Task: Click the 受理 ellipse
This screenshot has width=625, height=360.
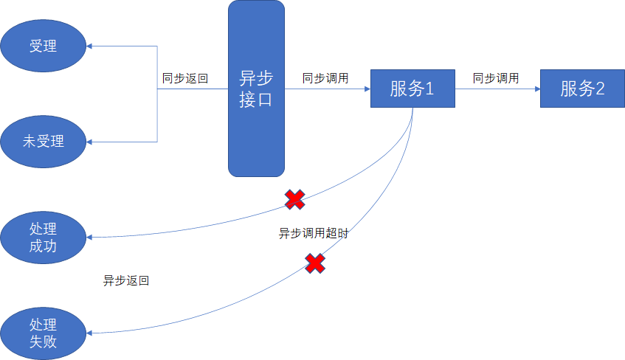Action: [x=43, y=46]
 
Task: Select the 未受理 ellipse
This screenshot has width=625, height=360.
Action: [x=43, y=140]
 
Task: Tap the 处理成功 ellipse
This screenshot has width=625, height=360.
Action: [x=43, y=236]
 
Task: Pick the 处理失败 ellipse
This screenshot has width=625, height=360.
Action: [x=43, y=333]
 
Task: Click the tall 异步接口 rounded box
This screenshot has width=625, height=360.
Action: [x=256, y=89]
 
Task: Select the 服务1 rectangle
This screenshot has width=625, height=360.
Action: [x=412, y=89]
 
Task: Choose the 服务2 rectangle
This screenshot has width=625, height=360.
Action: [x=582, y=89]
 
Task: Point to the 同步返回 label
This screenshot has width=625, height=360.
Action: [x=185, y=77]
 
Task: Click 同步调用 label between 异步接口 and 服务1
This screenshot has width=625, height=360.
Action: [x=325, y=77]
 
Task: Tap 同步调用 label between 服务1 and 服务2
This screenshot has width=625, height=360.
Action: [x=496, y=77]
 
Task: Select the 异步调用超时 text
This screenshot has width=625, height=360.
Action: [x=314, y=234]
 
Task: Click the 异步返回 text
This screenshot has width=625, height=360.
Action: [x=126, y=281]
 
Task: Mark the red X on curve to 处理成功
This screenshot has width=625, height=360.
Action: [x=295, y=198]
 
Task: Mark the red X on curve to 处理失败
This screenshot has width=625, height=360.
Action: [x=316, y=263]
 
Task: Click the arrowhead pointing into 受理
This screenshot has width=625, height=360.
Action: [x=90, y=46]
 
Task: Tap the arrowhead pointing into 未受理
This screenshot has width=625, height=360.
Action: [x=90, y=140]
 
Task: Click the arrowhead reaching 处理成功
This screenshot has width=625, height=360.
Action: [x=90, y=238]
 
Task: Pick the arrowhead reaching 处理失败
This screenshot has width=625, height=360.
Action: [x=90, y=333]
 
